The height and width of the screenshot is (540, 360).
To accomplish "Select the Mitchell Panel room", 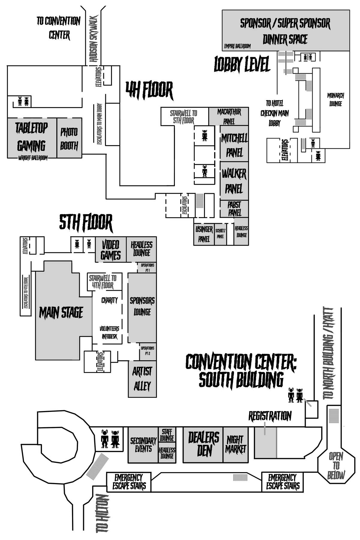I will [x=234, y=145].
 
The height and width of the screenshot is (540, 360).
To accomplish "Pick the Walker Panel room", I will [x=234, y=181].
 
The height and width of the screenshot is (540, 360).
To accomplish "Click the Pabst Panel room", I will [x=234, y=209].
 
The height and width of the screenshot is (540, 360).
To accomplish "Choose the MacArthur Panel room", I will [x=229, y=116].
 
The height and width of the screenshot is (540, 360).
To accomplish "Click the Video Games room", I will [x=110, y=250].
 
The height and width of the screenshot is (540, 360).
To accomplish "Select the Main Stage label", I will [x=61, y=313].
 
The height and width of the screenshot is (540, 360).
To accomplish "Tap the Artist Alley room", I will [x=142, y=379].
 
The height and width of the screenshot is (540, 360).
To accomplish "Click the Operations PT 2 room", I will [x=148, y=351].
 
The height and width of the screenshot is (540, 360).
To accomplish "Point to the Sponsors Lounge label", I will [x=142, y=306].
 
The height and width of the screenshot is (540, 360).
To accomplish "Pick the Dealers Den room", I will [x=203, y=444].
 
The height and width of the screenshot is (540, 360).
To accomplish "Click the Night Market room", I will [x=235, y=444].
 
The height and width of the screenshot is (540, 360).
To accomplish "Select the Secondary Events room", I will [x=143, y=445].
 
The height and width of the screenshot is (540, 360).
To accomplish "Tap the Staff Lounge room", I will [x=167, y=435].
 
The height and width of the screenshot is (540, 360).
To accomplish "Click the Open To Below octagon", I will [x=336, y=465].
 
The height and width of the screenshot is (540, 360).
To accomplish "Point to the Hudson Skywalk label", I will [x=94, y=39].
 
